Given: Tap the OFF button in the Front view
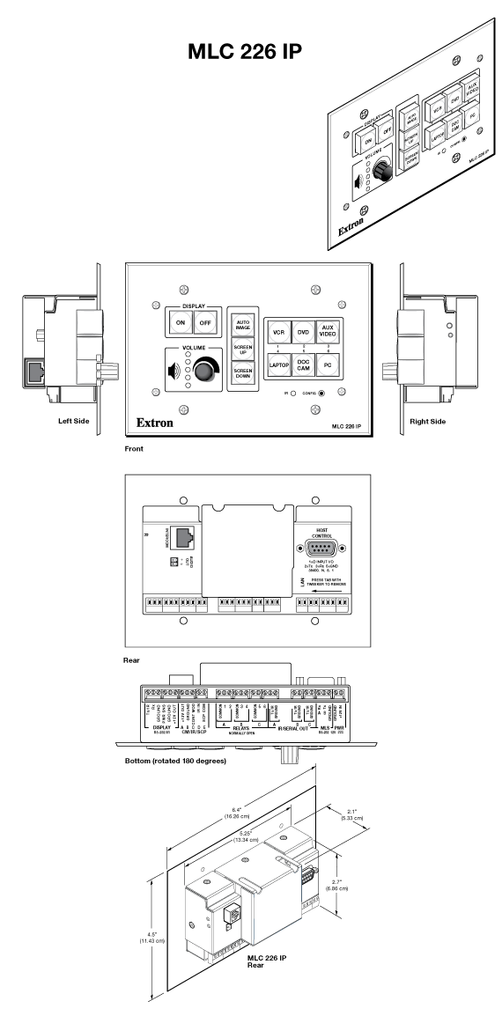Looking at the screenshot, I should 206,323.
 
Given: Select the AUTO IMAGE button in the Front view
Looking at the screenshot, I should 241,323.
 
